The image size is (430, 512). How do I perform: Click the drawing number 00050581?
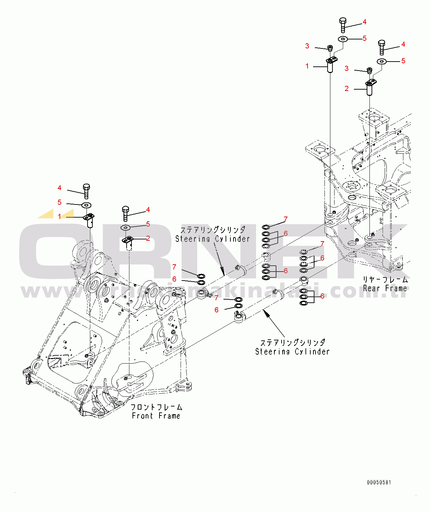point(379,483)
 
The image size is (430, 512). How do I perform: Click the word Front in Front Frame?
point(142,416)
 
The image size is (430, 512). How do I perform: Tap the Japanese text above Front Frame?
point(156,407)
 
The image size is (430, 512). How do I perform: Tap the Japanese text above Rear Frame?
point(385,280)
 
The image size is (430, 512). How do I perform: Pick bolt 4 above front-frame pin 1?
point(86,191)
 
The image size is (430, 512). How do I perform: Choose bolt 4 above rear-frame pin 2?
point(382,48)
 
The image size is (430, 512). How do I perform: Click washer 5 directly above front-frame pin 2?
point(126,228)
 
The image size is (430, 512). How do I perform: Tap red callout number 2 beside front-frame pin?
point(148,238)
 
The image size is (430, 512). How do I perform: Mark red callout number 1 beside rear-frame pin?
point(307,66)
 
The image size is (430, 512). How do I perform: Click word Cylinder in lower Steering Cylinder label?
point(312,351)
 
